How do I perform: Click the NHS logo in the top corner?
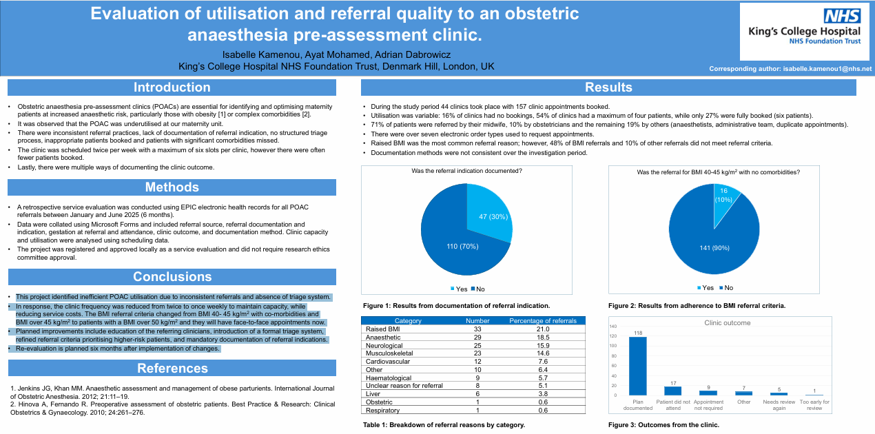(842, 17)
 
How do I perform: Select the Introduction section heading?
(172, 87)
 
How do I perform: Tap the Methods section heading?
(172, 187)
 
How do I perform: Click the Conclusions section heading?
(172, 276)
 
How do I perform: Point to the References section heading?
(172, 368)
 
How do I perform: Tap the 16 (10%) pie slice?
(724, 197)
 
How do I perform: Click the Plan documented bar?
(638, 366)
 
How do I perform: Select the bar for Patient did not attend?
(673, 391)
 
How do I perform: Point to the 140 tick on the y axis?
(613, 326)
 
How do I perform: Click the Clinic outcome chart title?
(728, 322)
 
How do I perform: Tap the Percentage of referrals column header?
(543, 321)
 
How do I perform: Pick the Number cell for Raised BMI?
(477, 329)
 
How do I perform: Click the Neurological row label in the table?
(384, 345)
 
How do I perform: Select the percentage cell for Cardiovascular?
(543, 362)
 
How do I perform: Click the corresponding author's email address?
(827, 69)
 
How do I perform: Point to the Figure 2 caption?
(697, 305)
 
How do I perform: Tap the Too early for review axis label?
(814, 404)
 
